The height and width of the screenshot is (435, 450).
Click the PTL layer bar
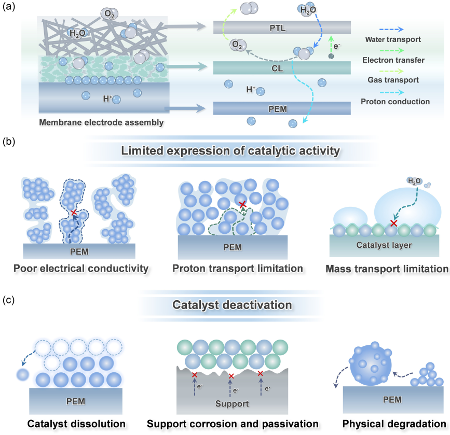282,27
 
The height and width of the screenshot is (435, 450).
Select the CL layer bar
282,67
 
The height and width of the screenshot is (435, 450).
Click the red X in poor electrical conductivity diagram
74,213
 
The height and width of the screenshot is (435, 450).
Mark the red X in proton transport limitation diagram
242,204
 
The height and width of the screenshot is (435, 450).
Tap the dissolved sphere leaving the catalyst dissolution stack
23,373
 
